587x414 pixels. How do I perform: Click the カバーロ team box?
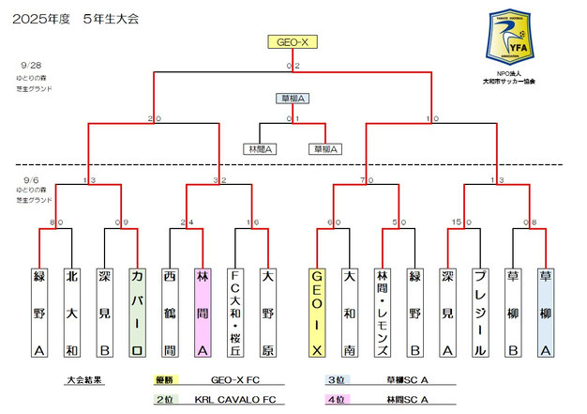(x=137, y=314)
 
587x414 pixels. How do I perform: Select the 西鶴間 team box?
(x=170, y=314)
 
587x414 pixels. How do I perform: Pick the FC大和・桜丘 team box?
(x=235, y=314)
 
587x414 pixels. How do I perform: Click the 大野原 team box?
(x=267, y=314)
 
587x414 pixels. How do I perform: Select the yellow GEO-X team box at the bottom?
(x=317, y=314)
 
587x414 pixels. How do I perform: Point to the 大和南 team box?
(x=349, y=314)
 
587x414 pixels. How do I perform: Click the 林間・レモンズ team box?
(x=382, y=314)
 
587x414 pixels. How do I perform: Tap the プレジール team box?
(x=479, y=314)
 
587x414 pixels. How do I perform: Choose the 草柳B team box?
(x=512, y=314)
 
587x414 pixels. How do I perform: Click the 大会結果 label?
(x=86, y=382)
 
